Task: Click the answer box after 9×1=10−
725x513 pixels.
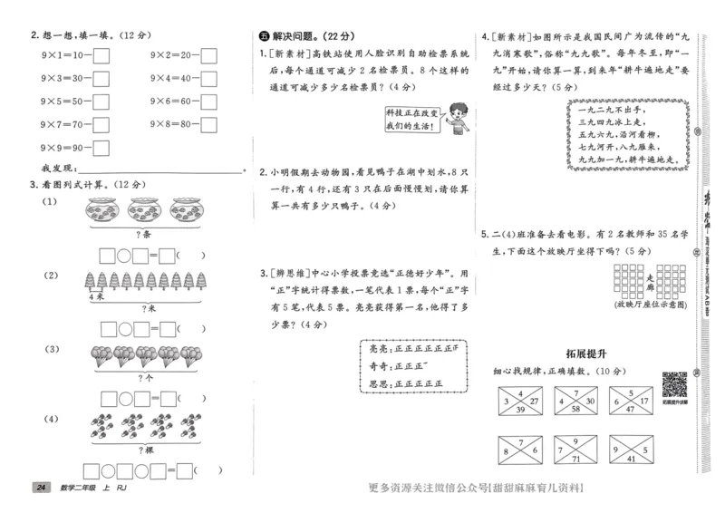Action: (101, 55)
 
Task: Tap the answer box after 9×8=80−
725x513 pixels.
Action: (209, 123)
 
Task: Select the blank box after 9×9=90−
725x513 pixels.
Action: (101, 146)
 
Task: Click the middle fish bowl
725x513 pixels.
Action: (145, 210)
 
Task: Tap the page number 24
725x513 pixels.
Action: (40, 489)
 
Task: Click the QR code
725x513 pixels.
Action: (675, 383)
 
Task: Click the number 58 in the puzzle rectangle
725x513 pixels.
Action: (575, 410)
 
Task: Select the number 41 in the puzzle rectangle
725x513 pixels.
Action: (631, 460)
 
